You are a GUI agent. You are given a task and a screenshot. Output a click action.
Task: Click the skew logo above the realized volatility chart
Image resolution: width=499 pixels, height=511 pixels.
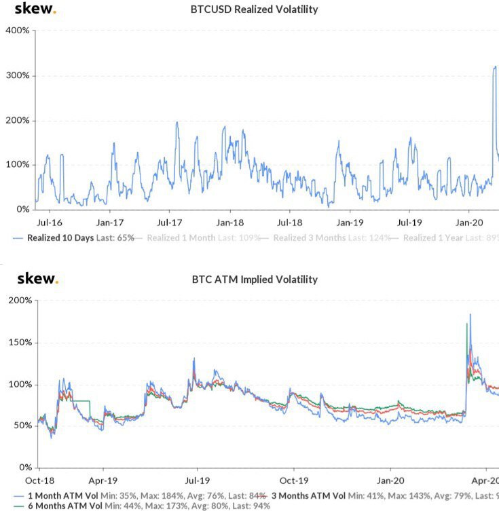pos(35,10)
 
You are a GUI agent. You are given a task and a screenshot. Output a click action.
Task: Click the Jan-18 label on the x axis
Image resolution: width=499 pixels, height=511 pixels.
pos(229,223)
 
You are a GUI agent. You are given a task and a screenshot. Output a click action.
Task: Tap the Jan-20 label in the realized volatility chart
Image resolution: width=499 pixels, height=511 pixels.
pos(468,223)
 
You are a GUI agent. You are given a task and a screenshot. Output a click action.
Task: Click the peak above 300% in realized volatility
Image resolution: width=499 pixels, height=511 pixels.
pos(495,67)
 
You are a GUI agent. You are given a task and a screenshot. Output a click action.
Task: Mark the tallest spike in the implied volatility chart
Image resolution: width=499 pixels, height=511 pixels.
pos(470,315)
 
